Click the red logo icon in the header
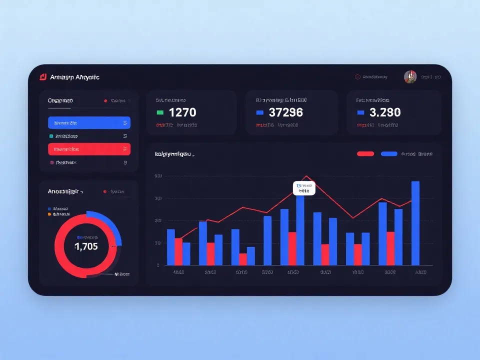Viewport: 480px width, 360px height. pyautogui.click(x=43, y=77)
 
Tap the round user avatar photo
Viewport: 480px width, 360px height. pyautogui.click(x=410, y=77)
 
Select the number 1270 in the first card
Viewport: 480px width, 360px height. pyautogui.click(x=182, y=112)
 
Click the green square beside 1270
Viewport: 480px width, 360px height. pyautogui.click(x=160, y=112)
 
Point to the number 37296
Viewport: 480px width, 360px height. pyautogui.click(x=285, y=112)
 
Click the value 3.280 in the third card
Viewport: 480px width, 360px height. pyautogui.click(x=385, y=112)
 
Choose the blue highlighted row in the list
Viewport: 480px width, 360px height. pyautogui.click(x=89, y=122)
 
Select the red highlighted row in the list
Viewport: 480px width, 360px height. pyautogui.click(x=89, y=149)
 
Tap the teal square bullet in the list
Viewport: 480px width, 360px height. pyautogui.click(x=51, y=136)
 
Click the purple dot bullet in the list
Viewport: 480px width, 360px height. pyautogui.click(x=51, y=162)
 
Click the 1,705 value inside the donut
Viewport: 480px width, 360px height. pyautogui.click(x=86, y=246)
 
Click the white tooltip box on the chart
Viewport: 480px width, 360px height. pyautogui.click(x=304, y=188)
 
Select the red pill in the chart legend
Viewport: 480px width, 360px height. pyautogui.click(x=365, y=154)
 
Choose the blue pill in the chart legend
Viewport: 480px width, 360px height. pyautogui.click(x=389, y=154)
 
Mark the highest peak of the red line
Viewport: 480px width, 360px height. pyautogui.click(x=306, y=176)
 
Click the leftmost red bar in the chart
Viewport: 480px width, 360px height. pyautogui.click(x=178, y=251)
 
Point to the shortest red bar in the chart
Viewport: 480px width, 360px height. pyautogui.click(x=243, y=259)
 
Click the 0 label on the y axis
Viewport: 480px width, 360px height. pyautogui.click(x=158, y=265)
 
